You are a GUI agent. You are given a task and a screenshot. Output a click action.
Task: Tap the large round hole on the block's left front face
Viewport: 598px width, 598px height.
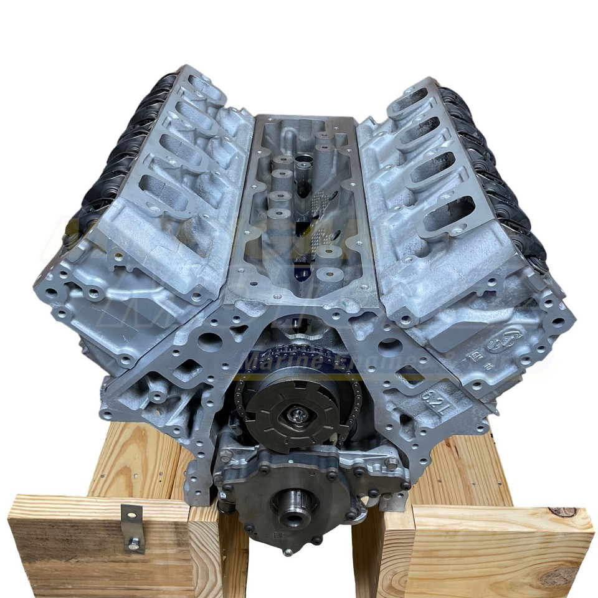[x=210, y=341]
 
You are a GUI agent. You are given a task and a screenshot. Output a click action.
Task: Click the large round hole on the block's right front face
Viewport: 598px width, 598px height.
[x=391, y=347]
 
